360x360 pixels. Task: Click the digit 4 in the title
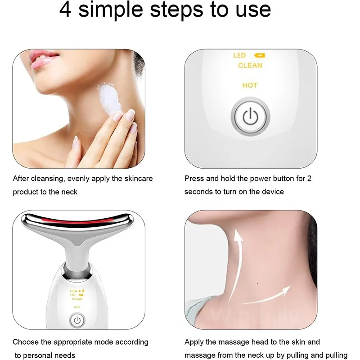coord(66,10)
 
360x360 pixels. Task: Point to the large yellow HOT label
coord(250,85)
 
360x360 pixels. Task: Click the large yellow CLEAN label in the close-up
coord(250,65)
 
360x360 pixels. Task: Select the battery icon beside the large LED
coord(260,55)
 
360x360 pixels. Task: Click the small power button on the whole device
coord(77,320)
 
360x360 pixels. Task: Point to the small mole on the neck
coord(256,283)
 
